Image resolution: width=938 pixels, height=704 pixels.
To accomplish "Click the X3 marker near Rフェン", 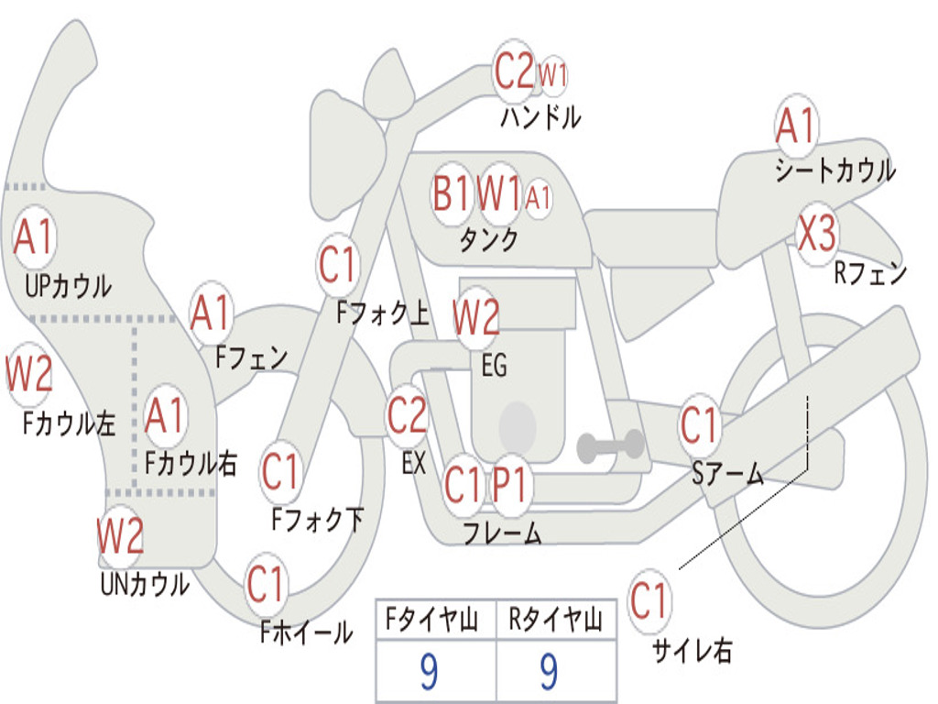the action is click(x=816, y=233).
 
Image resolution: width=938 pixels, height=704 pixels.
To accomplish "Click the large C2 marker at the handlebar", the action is click(x=514, y=71).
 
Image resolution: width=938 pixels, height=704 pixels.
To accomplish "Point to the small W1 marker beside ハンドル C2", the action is click(x=552, y=75).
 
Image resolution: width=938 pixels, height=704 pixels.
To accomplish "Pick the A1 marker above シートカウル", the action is click(x=796, y=126).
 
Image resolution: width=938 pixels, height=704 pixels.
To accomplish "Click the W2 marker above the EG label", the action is click(x=476, y=316).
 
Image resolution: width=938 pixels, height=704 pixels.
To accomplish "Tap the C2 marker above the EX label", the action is click(x=408, y=415).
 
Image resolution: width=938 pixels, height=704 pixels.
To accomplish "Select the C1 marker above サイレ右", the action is click(x=649, y=600).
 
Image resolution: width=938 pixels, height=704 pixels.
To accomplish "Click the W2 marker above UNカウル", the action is click(x=121, y=535).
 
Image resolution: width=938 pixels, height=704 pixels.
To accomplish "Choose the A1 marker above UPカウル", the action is click(x=35, y=237).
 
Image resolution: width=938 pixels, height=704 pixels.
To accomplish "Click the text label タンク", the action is click(x=489, y=239).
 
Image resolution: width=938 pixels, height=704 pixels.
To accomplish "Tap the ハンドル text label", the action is click(x=540, y=116).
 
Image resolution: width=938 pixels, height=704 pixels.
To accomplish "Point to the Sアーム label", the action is click(x=728, y=474).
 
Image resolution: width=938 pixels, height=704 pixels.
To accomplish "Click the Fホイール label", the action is click(x=306, y=632).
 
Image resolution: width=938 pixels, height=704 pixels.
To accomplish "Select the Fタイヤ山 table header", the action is click(x=431, y=620).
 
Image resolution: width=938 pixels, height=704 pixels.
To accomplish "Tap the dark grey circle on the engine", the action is click(x=518, y=427).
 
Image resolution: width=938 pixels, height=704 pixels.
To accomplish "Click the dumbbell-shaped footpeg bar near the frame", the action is click(x=610, y=446).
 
